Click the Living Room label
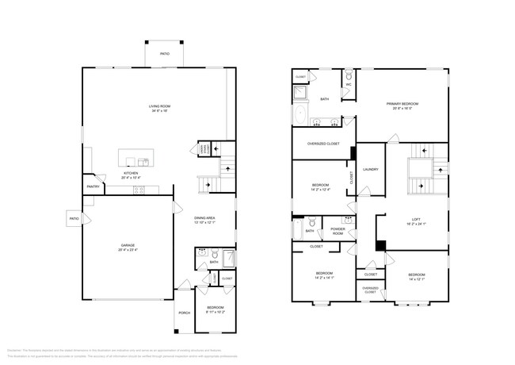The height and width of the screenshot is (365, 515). tap(161, 106)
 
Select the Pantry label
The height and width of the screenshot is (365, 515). tap(93, 187)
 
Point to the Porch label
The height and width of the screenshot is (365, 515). tap(185, 313)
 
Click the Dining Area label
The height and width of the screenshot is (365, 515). tap(205, 217)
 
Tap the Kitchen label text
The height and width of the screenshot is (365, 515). tap(131, 173)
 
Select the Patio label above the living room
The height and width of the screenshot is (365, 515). tap(165, 54)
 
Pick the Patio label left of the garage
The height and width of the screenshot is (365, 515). tap(74, 218)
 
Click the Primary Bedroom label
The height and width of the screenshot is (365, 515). tap(402, 104)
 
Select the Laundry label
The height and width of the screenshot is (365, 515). tap(370, 169)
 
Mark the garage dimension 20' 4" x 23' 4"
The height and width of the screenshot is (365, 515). tap(128, 250)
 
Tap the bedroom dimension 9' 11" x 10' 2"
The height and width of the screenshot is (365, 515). tap(193, 312)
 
